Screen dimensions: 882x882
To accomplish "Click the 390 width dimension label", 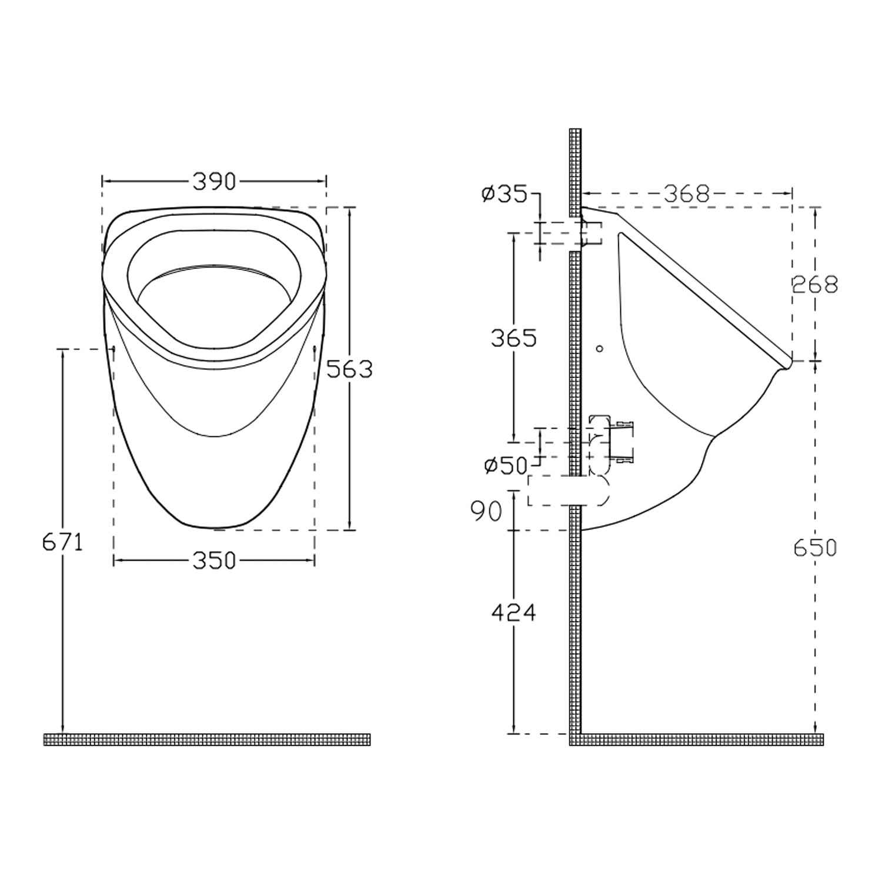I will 214,182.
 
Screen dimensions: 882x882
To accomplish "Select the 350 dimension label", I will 214,561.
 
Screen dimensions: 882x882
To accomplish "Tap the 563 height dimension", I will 349,369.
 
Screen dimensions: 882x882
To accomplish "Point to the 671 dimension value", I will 62,542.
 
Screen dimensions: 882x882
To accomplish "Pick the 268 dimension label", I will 814,285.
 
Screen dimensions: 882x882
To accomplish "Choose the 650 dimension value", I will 814,548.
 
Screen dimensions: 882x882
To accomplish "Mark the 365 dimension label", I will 513,338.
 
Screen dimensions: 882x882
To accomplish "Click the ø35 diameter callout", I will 504,194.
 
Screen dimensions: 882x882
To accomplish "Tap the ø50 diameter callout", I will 506,466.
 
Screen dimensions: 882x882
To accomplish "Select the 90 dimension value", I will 487,512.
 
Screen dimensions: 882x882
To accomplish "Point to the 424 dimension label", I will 513,613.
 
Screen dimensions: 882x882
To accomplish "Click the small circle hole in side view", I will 599,349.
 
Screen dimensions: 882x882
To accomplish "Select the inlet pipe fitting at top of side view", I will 592,233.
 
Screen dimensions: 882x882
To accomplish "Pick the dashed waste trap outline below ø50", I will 567,491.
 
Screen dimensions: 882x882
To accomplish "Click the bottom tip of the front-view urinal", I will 214,526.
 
